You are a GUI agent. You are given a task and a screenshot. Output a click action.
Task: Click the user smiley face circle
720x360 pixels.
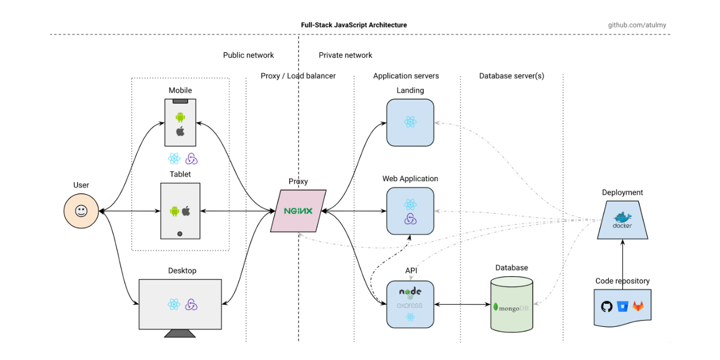click(x=82, y=211)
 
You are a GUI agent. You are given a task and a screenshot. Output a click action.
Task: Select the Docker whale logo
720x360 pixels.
click(x=622, y=218)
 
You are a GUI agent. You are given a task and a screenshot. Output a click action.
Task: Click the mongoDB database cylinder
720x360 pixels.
click(x=511, y=307)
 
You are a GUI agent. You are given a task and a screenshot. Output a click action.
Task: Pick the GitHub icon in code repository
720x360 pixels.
click(x=606, y=307)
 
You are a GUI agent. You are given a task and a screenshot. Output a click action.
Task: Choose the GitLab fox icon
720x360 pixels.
click(x=638, y=307)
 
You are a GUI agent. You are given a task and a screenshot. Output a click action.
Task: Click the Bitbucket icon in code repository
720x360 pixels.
click(x=622, y=307)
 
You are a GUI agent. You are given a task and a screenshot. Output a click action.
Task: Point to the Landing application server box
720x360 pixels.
click(x=409, y=123)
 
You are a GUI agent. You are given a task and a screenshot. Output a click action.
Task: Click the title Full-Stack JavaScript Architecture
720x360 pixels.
click(x=354, y=25)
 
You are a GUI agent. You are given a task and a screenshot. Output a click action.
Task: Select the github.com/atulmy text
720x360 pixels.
click(x=637, y=25)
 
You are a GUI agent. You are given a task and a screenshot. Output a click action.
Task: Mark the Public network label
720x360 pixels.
click(x=248, y=55)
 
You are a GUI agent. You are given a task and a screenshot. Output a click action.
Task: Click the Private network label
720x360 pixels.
click(x=345, y=55)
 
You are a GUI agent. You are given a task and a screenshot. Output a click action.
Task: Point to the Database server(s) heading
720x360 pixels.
click(x=511, y=76)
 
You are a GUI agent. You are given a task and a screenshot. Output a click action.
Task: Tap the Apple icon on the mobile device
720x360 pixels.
click(x=180, y=132)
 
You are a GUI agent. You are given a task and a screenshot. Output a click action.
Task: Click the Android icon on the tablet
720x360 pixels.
click(x=174, y=211)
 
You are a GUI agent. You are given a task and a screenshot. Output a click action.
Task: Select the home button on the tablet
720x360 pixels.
click(x=180, y=233)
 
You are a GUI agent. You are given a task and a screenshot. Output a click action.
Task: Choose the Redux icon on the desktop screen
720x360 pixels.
click(x=191, y=304)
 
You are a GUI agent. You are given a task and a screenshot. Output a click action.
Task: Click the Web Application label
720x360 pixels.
click(x=410, y=179)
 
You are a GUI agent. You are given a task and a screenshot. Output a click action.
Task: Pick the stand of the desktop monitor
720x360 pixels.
click(x=180, y=333)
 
